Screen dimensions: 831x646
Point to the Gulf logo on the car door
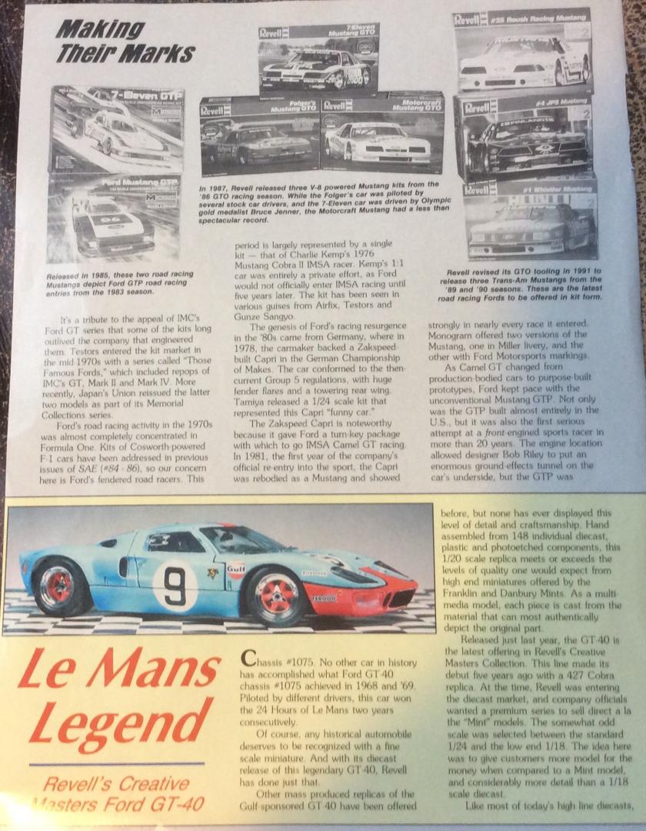tap(235, 569)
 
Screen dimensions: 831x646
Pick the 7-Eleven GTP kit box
tap(117, 129)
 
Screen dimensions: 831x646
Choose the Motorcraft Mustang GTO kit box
tap(382, 134)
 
